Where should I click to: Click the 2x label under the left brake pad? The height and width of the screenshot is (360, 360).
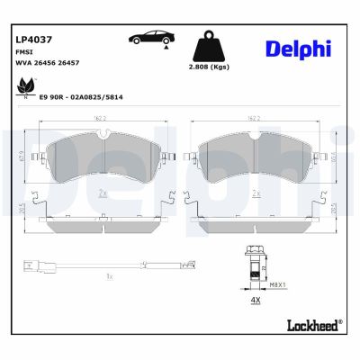[x=103, y=193]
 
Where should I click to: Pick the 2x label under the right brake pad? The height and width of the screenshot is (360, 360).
[x=256, y=193]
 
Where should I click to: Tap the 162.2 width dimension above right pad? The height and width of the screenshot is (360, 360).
[x=256, y=117]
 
